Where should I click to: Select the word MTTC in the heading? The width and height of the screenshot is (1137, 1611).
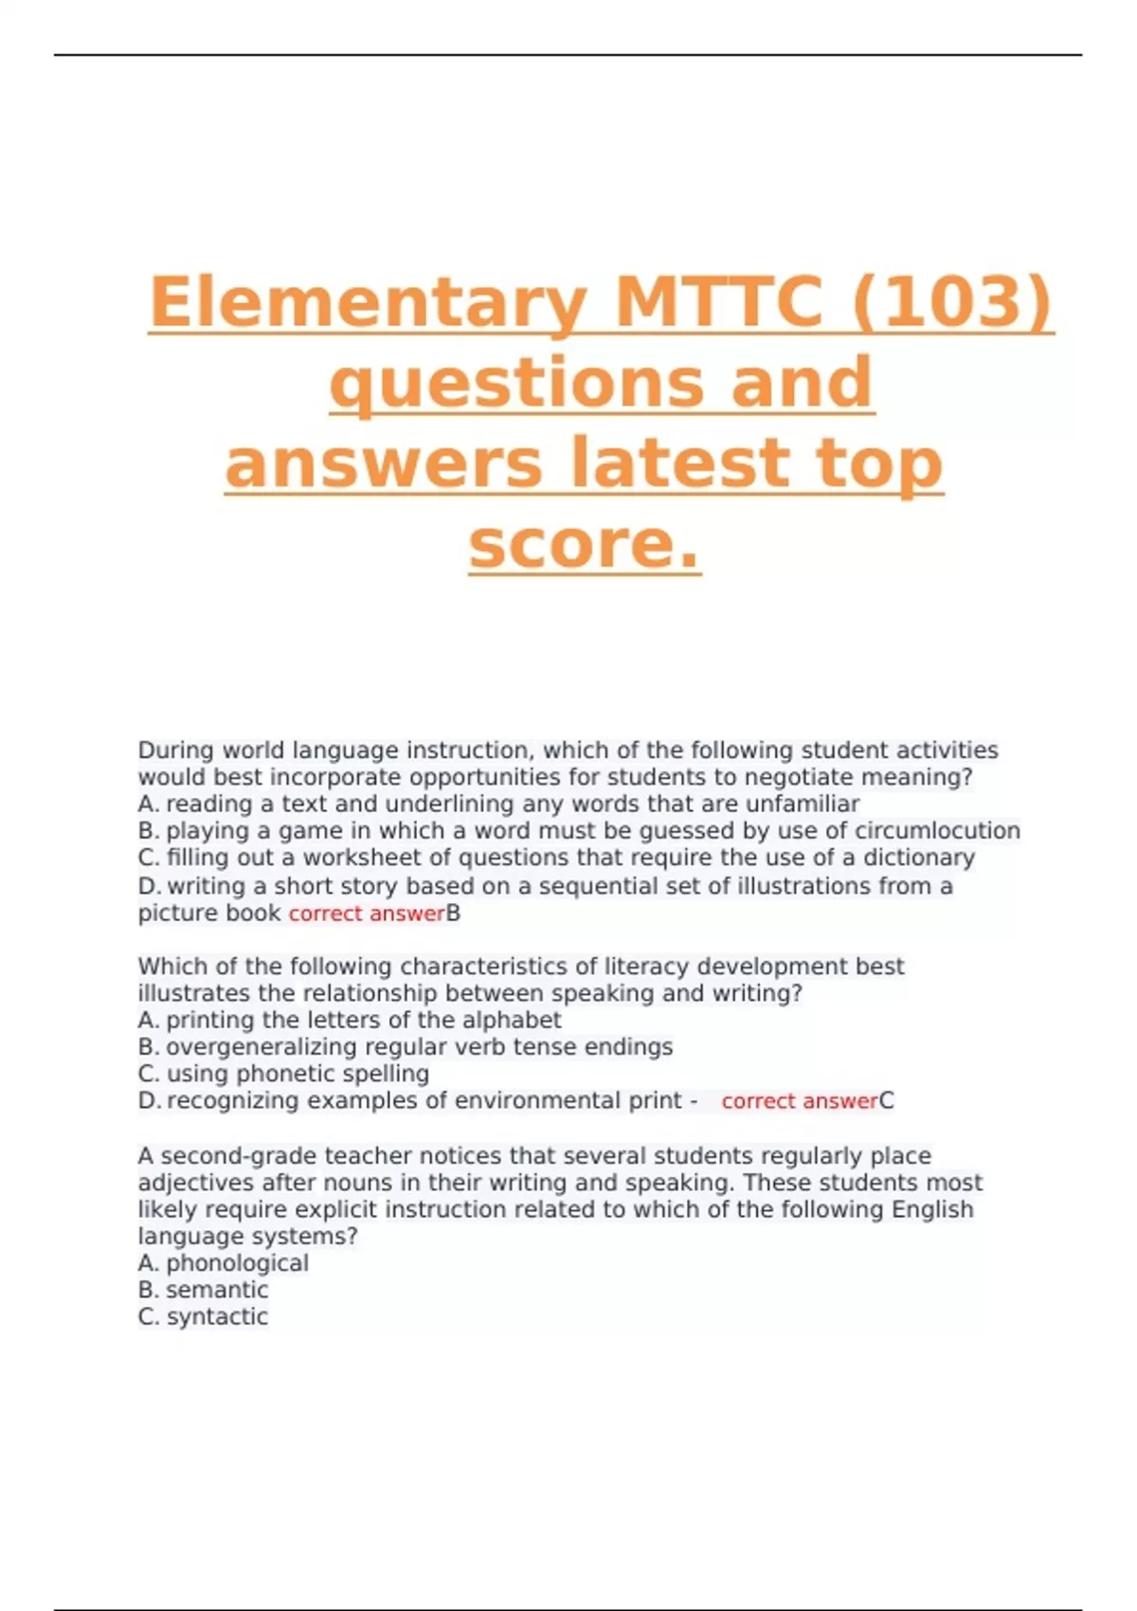pos(718,301)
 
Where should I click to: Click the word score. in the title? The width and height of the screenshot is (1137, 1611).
pos(584,544)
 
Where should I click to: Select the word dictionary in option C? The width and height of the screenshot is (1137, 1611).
pos(918,858)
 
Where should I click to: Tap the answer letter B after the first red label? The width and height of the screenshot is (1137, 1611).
pos(453,914)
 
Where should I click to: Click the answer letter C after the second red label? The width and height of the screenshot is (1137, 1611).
pos(887,1101)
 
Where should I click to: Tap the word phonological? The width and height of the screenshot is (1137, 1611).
pos(237,1263)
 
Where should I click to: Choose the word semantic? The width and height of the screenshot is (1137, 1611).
pos(217,1290)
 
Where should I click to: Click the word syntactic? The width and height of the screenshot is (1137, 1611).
pos(217,1316)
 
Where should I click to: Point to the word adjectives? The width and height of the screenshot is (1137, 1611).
pos(196,1183)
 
